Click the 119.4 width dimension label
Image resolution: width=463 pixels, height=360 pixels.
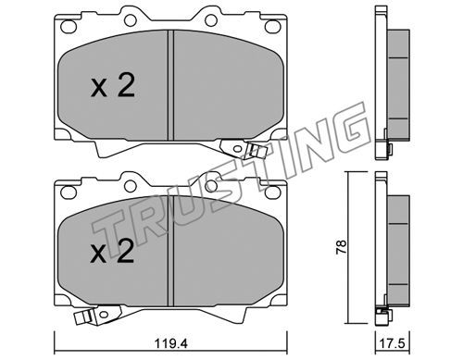click(171, 342)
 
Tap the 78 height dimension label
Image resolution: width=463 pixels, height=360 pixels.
click(342, 247)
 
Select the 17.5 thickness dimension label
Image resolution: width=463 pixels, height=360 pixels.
click(393, 342)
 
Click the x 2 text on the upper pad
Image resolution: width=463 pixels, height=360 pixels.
click(113, 87)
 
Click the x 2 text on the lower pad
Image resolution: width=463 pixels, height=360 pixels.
click(112, 252)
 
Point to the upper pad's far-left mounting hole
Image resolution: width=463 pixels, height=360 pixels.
click(69, 26)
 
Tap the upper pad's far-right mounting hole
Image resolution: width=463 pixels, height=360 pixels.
click(273, 26)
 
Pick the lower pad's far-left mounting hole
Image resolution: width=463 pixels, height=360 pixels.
click(69, 192)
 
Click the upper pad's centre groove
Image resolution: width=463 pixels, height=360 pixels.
click(170, 85)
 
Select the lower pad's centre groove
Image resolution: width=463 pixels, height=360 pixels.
click(170, 251)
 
